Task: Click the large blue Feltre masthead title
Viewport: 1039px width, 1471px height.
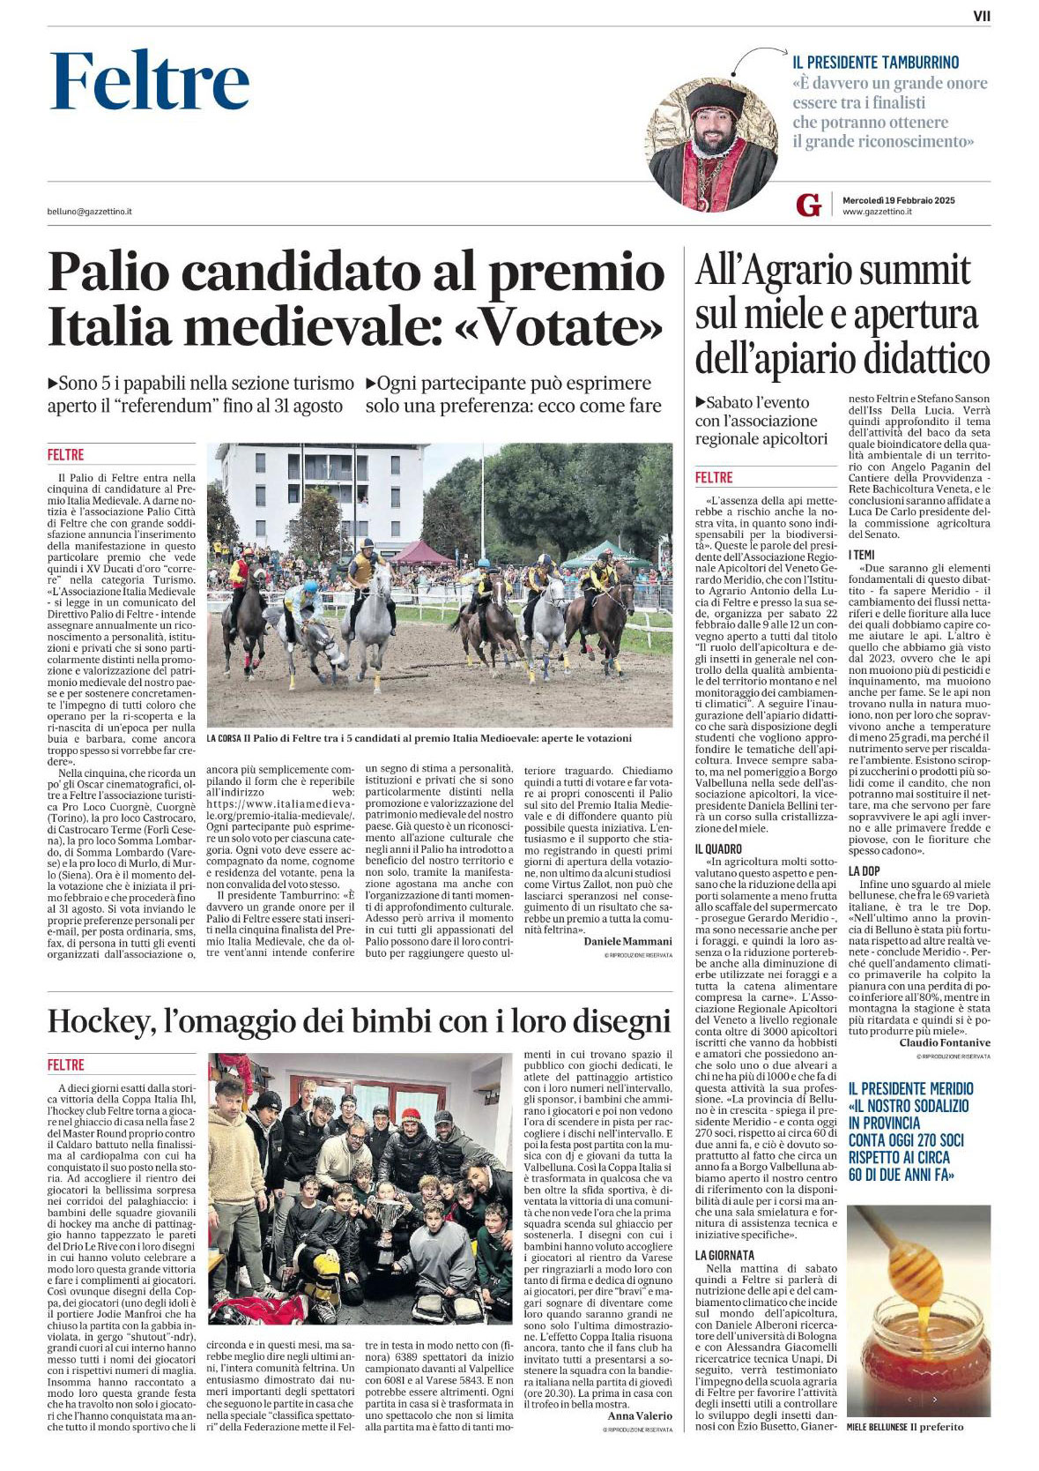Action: tap(150, 82)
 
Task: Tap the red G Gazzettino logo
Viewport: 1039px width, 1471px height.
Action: tap(807, 205)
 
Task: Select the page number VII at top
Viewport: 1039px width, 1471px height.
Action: tap(981, 15)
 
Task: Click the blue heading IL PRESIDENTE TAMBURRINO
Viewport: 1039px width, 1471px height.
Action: tap(875, 63)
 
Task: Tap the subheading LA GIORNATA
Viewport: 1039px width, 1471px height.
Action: tap(724, 1255)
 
